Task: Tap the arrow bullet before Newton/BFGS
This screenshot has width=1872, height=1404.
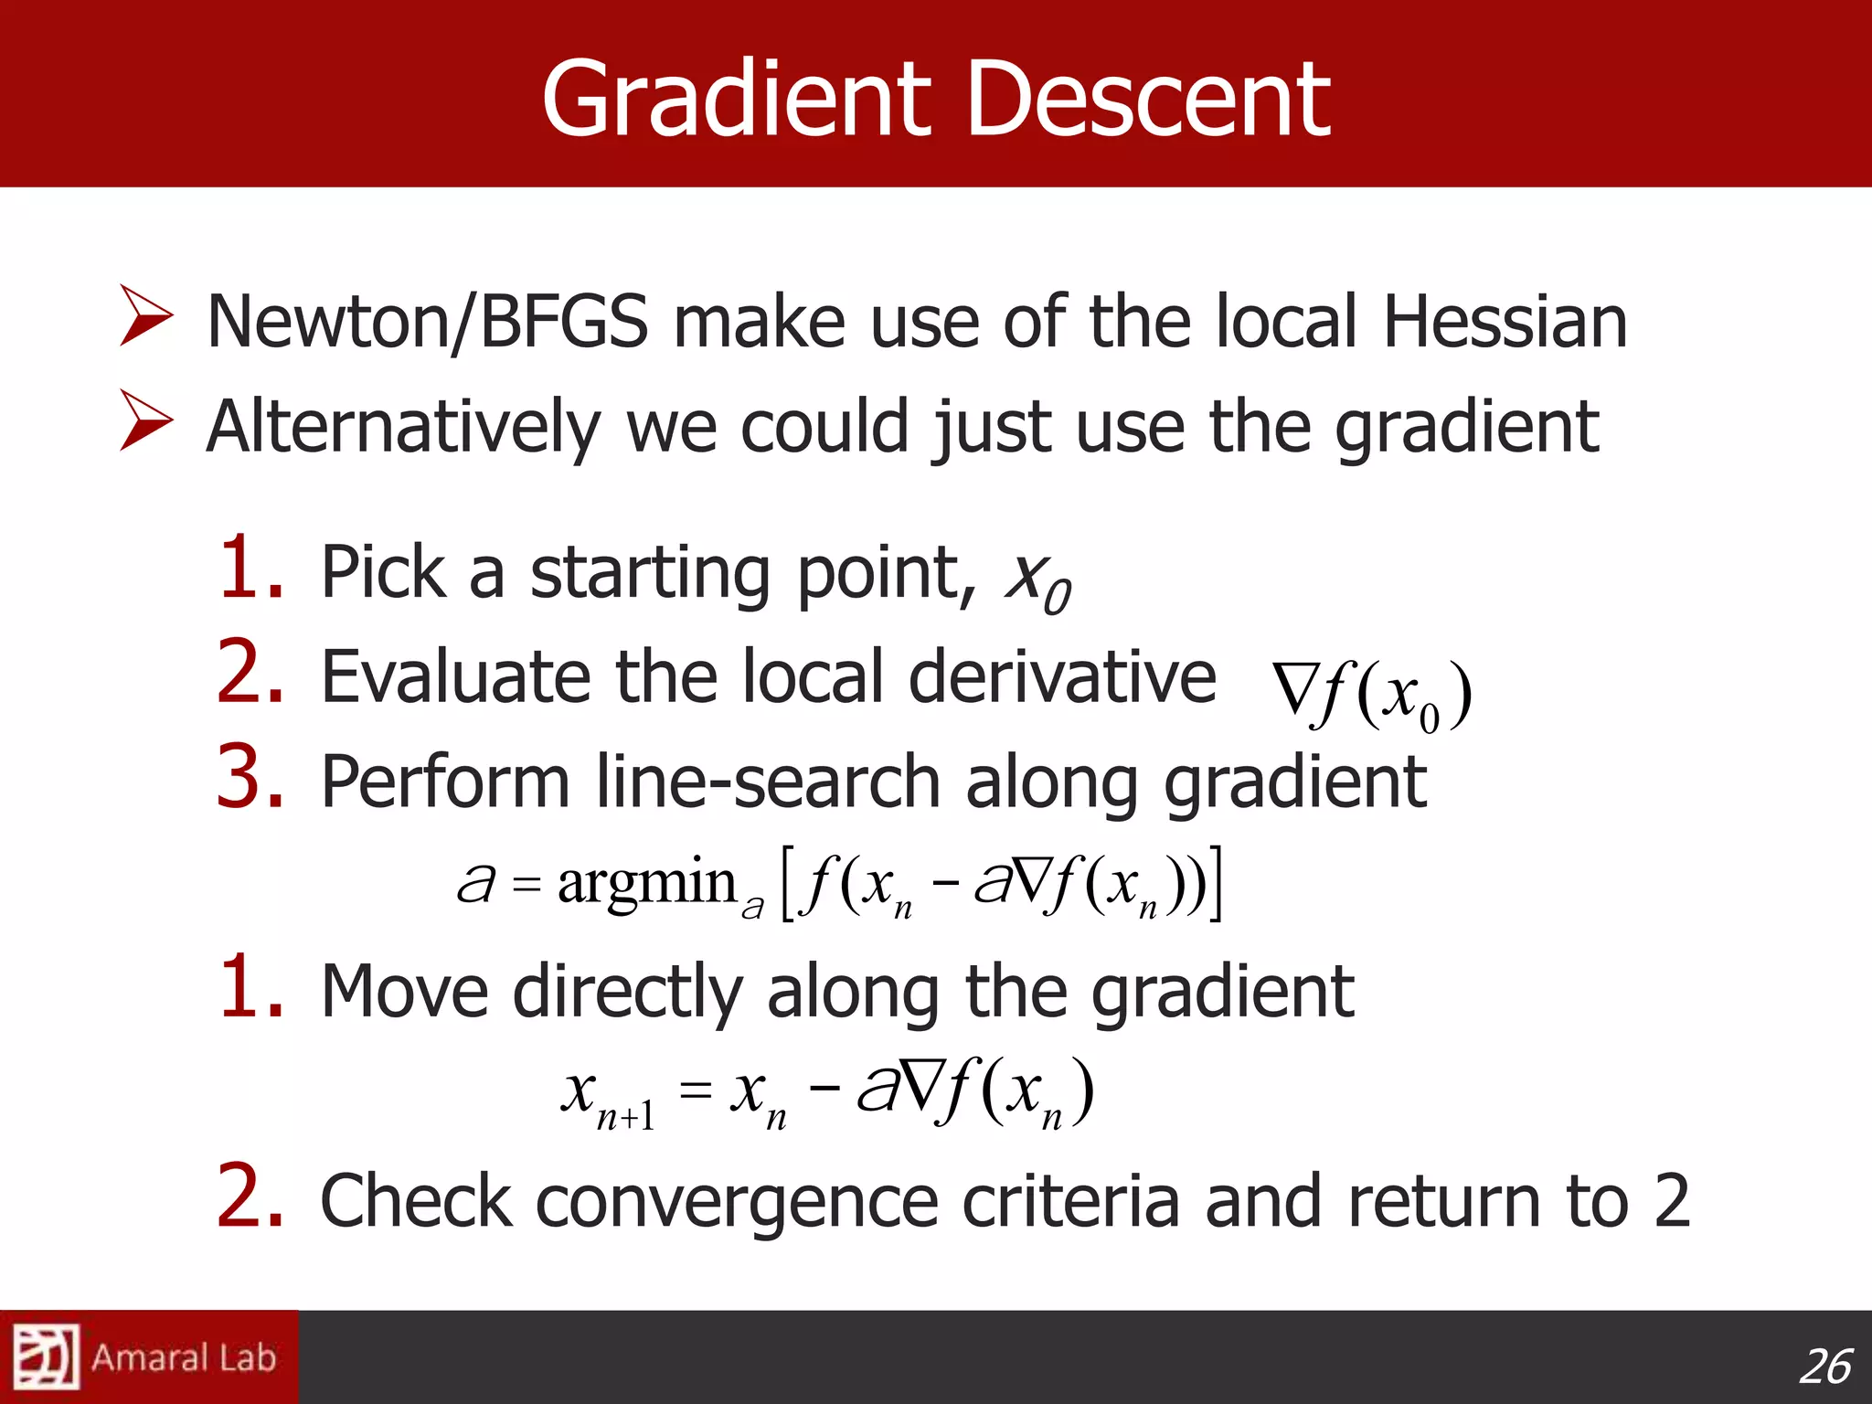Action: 146,315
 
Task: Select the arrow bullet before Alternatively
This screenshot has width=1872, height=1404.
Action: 146,420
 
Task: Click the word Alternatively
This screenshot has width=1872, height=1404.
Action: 402,428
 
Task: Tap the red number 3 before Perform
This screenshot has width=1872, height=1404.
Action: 250,778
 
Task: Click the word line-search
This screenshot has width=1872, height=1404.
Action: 768,782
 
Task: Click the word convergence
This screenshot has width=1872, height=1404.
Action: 737,1200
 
